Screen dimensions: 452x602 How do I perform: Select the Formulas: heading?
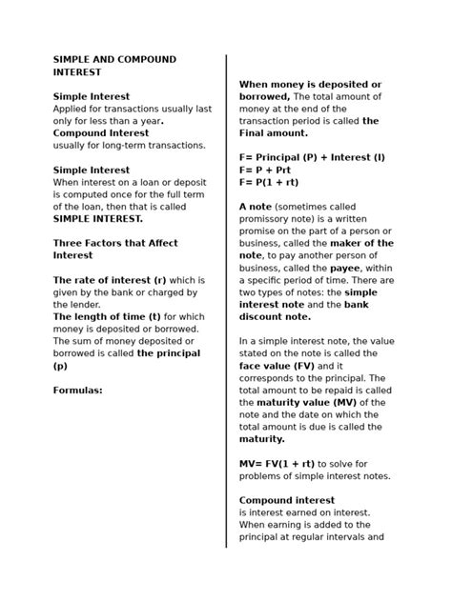point(77,390)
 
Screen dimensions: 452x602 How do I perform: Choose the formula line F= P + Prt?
point(273,169)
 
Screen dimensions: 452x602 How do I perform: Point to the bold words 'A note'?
point(257,206)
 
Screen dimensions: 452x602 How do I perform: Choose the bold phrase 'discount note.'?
point(275,317)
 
